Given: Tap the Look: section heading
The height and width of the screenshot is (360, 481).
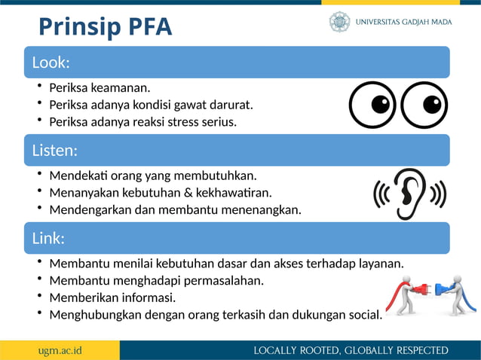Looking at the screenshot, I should coord(51,62).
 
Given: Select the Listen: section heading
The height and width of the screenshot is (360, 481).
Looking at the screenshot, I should coord(54,150).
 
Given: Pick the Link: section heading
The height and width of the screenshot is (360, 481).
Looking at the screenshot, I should coord(47,238).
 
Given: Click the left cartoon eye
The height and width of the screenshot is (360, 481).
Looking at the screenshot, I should coord(372,104).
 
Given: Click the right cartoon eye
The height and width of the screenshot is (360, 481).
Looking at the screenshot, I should coord(424,104).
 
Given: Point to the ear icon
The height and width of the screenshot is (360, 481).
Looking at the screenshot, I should coord(410,194).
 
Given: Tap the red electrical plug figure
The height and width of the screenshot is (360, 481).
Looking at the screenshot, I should coord(407,294).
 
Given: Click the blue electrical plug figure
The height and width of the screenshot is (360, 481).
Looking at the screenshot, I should coord(455,293).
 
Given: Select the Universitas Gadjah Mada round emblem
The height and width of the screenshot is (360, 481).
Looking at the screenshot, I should coord(339,22).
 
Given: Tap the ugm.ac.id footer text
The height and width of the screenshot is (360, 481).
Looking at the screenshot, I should coord(60,350).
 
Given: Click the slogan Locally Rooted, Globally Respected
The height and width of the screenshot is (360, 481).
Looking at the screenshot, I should coord(351,350).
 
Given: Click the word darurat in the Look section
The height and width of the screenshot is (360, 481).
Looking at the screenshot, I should coord(231,104).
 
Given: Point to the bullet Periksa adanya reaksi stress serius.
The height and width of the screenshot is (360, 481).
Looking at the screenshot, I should coord(142,121).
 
